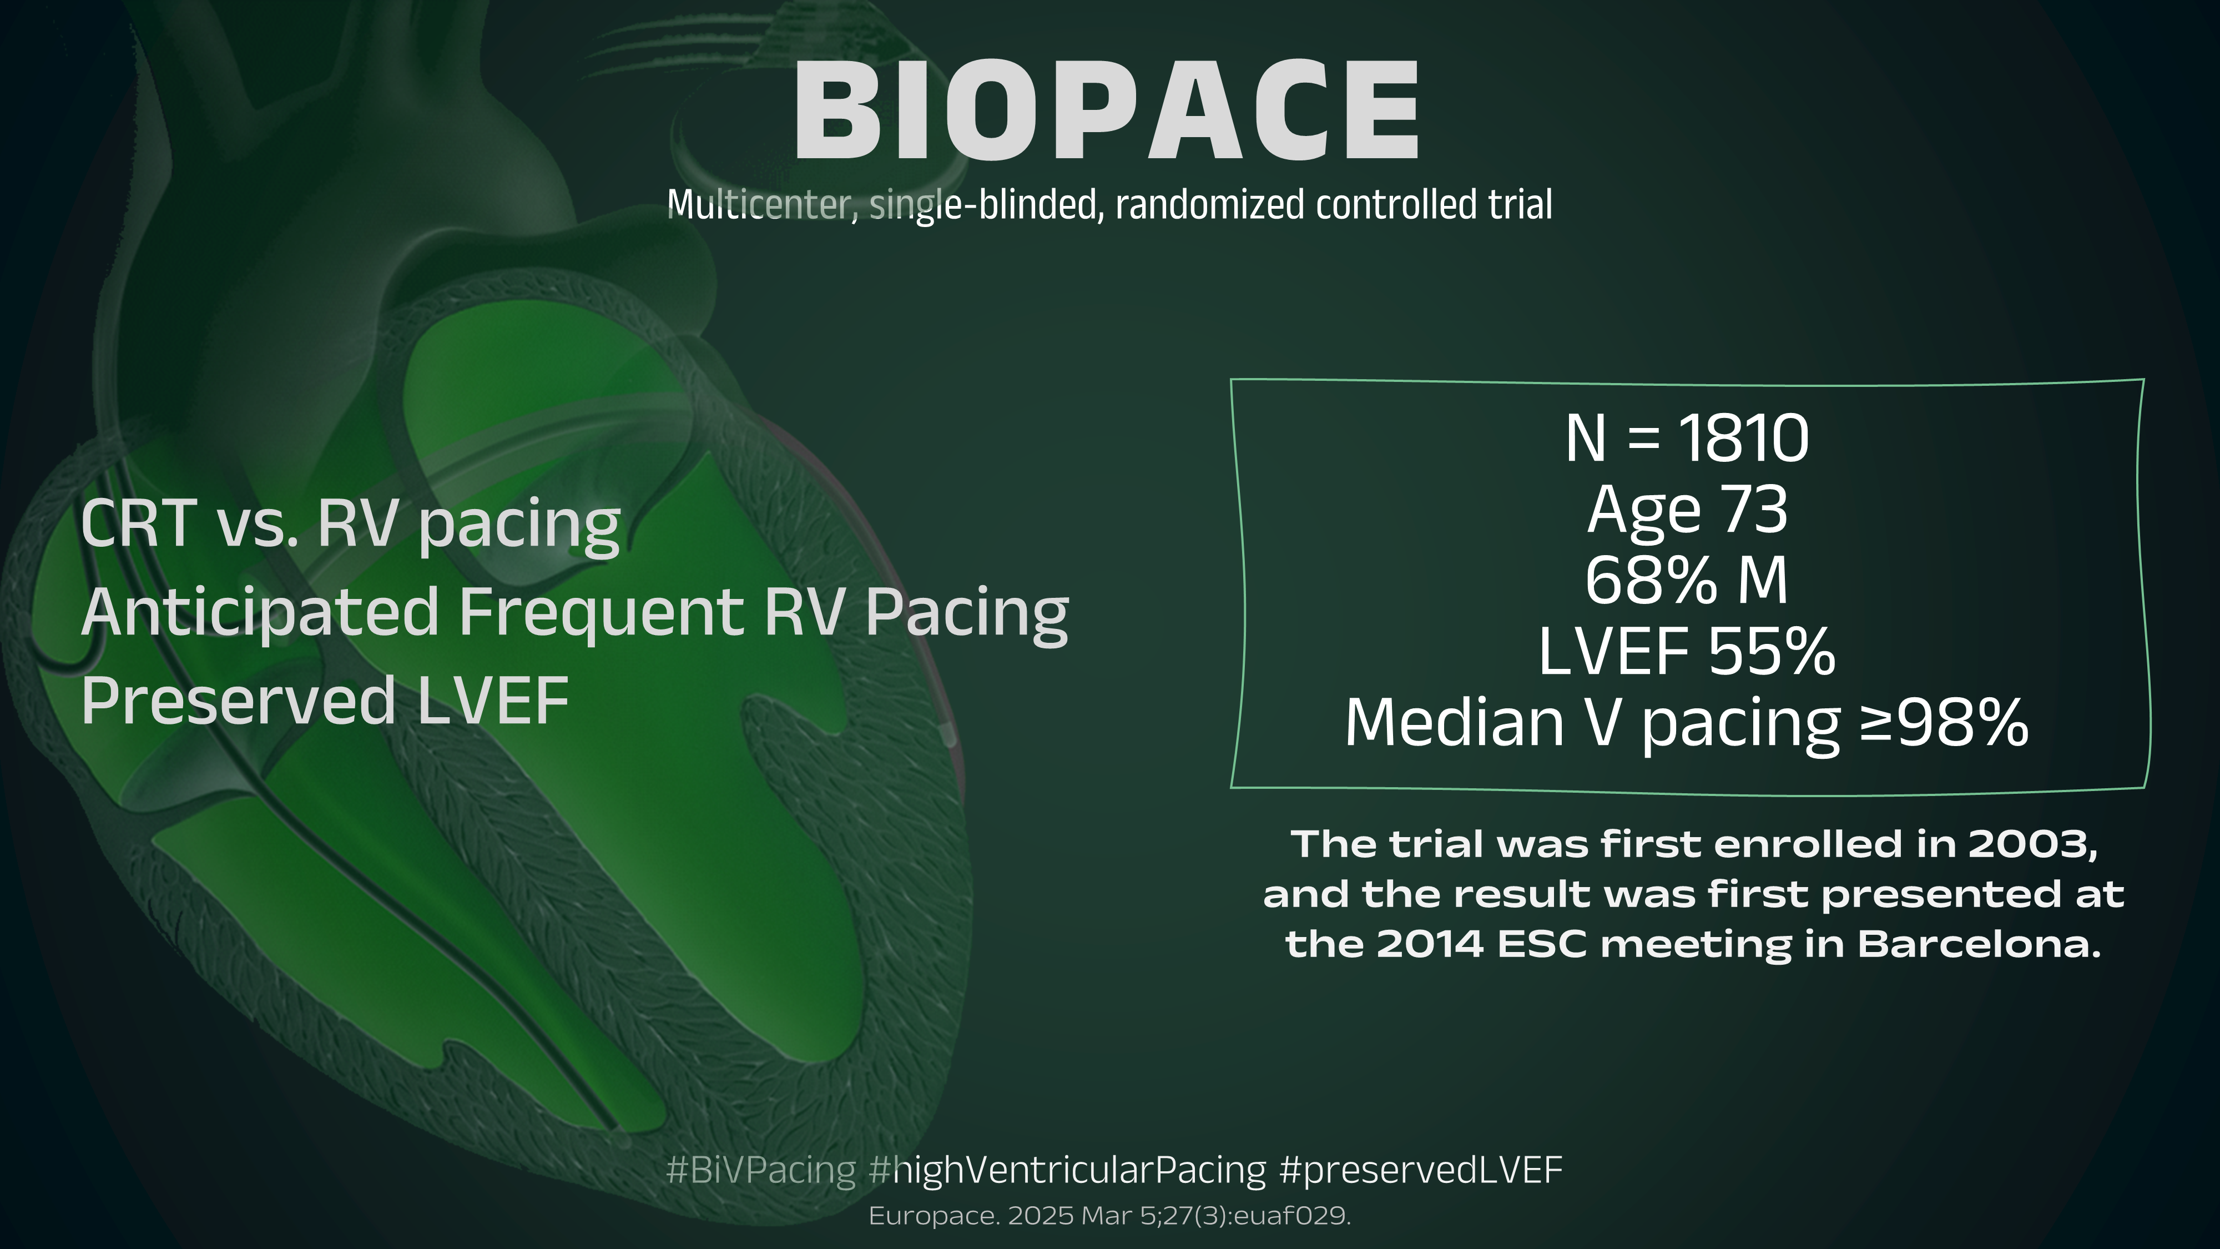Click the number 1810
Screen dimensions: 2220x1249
pos(1743,438)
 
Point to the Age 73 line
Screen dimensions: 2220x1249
pos(1687,510)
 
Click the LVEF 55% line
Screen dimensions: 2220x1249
pos(1687,651)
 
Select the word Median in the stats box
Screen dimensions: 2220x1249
pos(1455,722)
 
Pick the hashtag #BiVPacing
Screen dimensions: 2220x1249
pos(761,1170)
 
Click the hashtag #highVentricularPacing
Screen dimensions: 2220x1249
pos(1068,1170)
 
